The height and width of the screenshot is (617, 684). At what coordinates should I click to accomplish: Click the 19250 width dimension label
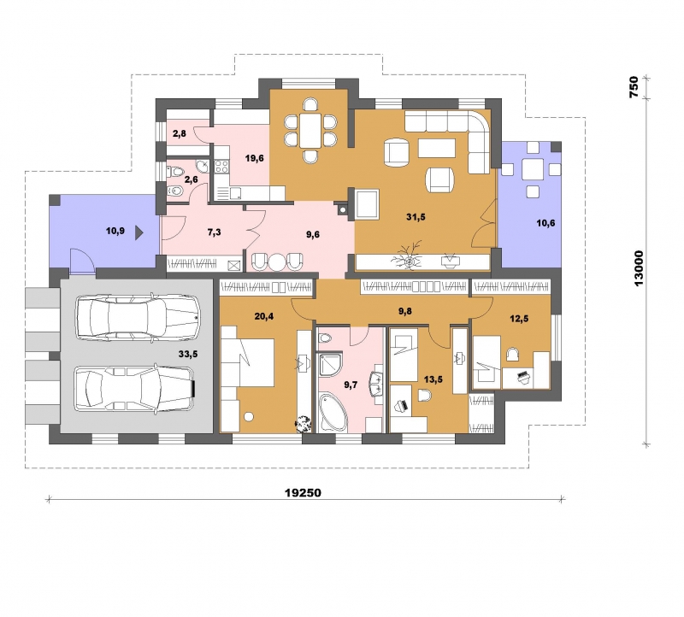click(x=303, y=493)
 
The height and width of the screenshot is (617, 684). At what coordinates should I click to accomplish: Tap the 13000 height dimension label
click(x=639, y=267)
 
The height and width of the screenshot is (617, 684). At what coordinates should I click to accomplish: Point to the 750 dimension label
click(x=634, y=87)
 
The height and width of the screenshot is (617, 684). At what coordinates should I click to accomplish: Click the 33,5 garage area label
click(x=188, y=354)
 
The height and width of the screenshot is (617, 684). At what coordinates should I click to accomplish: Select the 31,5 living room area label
click(x=416, y=217)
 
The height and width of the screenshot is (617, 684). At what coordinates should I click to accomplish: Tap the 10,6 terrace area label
click(x=545, y=223)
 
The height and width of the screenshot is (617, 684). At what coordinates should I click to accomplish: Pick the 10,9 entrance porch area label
click(x=115, y=231)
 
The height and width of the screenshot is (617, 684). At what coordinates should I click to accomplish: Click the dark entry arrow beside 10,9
click(x=139, y=232)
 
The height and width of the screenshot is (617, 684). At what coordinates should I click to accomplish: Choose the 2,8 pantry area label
click(x=180, y=133)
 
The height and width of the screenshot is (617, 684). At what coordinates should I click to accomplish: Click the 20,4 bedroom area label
click(x=264, y=316)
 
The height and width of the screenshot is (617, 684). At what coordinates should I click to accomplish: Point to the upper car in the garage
click(x=138, y=317)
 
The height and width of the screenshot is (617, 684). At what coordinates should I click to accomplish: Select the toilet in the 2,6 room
click(x=176, y=172)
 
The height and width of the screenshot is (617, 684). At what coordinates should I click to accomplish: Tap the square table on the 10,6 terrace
click(x=533, y=169)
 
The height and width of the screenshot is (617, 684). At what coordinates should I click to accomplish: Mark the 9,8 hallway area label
click(x=405, y=311)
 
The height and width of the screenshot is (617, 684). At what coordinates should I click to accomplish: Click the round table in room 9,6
click(x=276, y=262)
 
